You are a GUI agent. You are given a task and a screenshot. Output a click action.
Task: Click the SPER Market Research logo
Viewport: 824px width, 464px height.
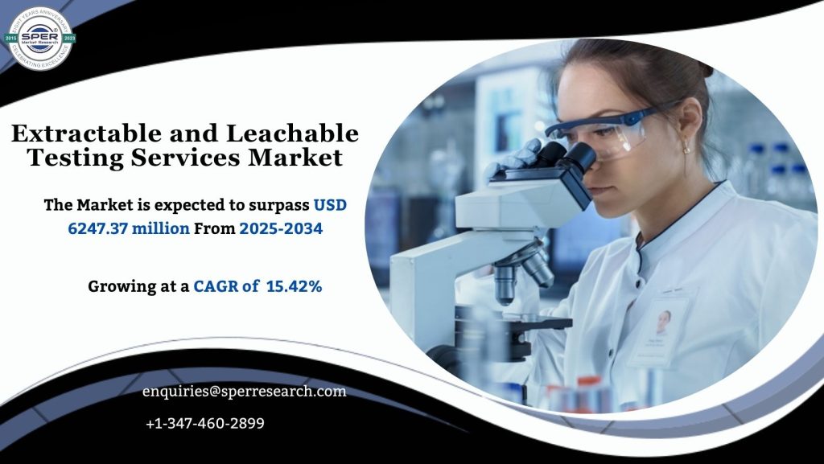(40, 37)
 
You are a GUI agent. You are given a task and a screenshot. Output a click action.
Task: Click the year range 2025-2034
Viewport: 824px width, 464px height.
(281, 228)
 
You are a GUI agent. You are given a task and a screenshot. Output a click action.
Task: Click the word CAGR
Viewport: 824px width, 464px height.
(216, 285)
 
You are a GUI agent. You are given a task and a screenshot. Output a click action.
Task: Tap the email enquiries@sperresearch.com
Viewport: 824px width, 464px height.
(245, 392)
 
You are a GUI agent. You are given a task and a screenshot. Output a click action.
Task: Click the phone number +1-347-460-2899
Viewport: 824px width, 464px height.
(205, 423)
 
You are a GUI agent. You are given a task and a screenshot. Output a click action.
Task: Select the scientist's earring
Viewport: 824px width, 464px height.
(686, 148)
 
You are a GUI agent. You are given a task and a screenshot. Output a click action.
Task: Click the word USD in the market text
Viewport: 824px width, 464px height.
(330, 205)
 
